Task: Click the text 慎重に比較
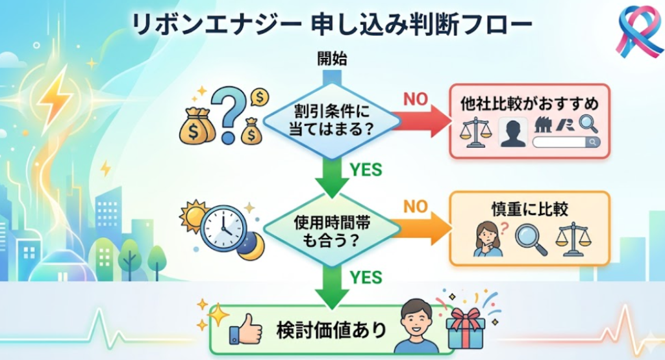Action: click(529, 211)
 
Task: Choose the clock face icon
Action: click(223, 229)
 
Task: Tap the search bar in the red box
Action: click(564, 142)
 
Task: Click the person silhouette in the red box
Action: click(512, 132)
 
